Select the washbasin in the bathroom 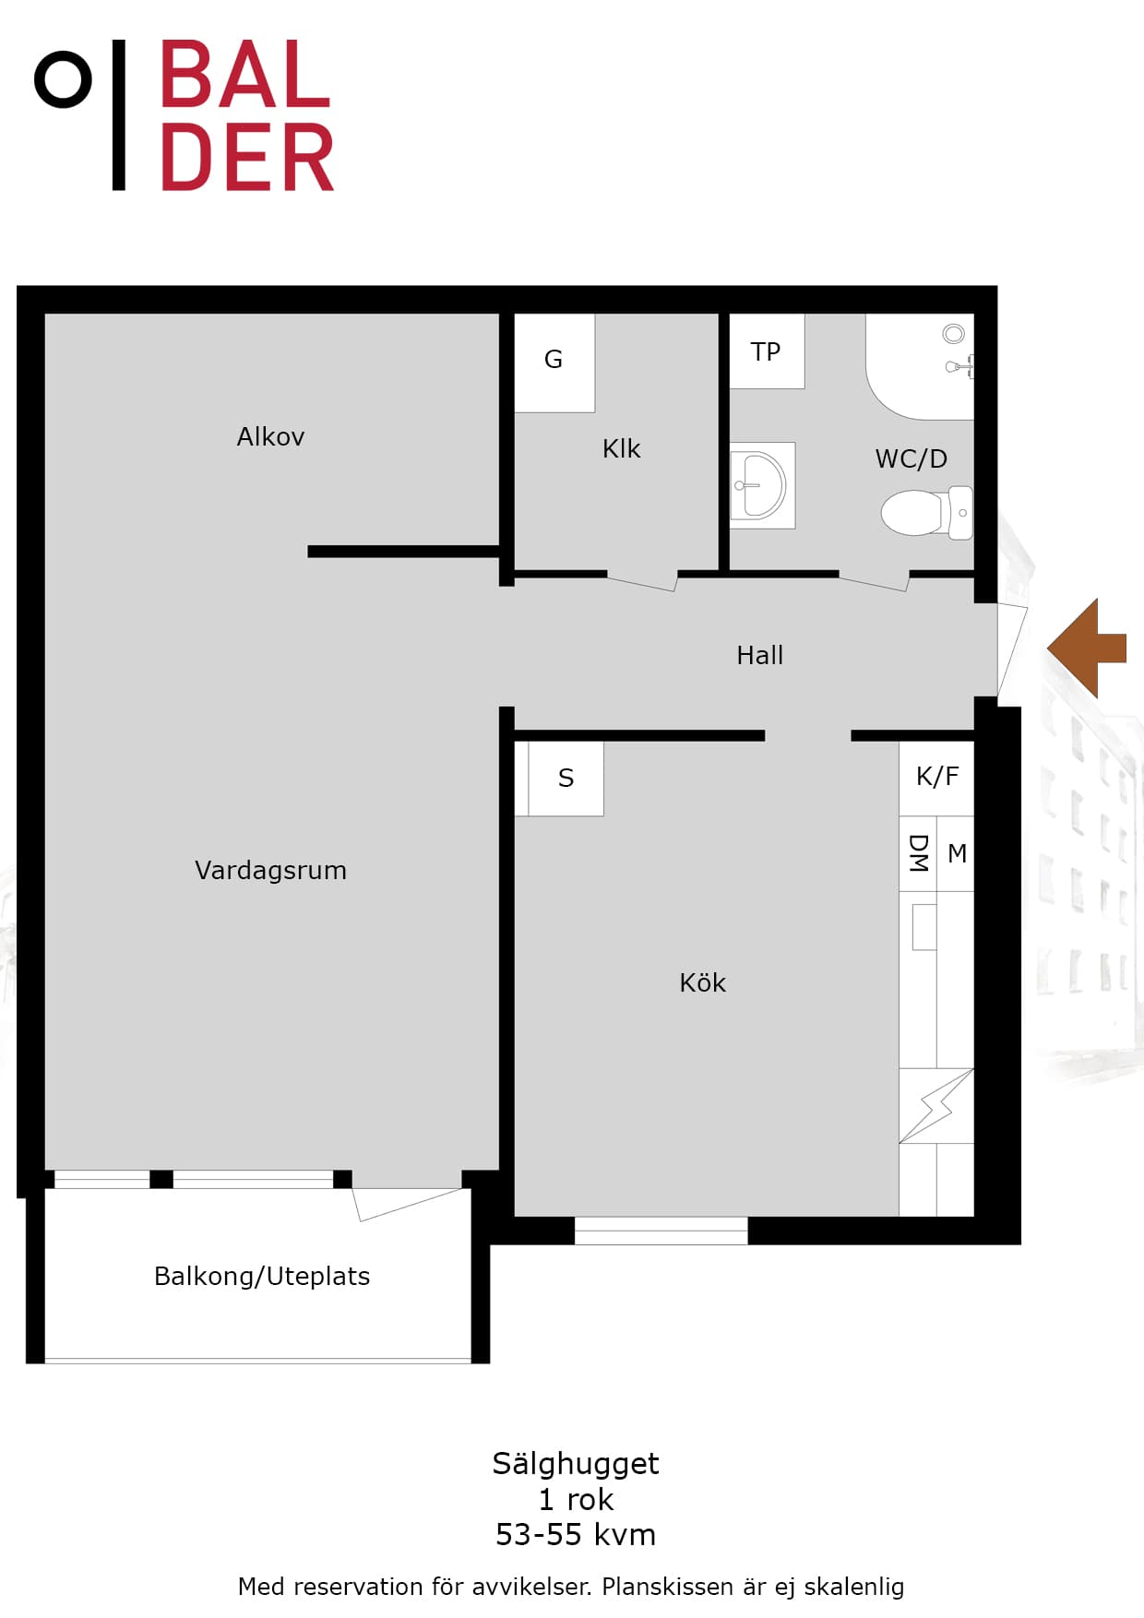click(762, 485)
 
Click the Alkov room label click(270, 436)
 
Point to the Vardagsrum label click(270, 870)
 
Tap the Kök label click(702, 982)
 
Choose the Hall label click(759, 655)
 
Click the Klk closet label click(621, 448)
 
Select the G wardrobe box click(554, 363)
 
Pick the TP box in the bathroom click(767, 351)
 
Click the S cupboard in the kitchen click(566, 779)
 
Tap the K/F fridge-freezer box click(936, 779)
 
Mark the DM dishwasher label click(918, 853)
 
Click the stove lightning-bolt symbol click(936, 1106)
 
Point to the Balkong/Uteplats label click(262, 1276)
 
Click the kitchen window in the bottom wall click(661, 1231)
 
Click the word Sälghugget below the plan click(576, 1464)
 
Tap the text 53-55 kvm click(576, 1535)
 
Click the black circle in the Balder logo click(63, 79)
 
